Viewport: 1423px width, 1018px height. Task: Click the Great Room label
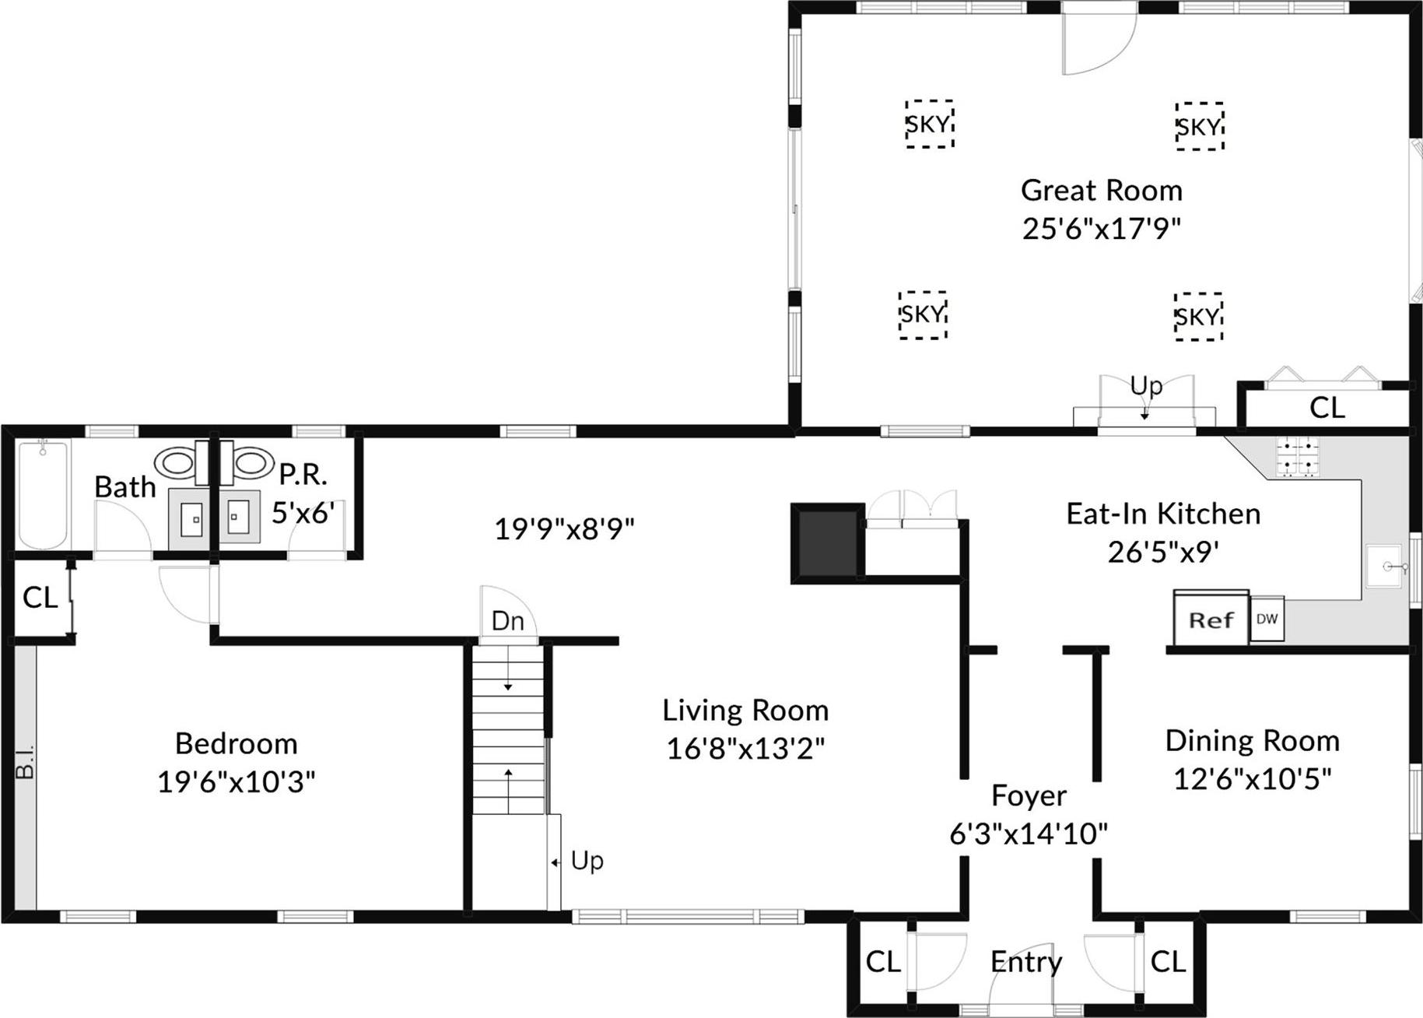pyautogui.click(x=1101, y=191)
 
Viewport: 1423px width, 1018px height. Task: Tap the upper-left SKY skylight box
pyautogui.click(x=929, y=124)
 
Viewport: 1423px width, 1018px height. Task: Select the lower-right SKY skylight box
pyautogui.click(x=1198, y=317)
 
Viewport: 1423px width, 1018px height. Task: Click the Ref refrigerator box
pyautogui.click(x=1211, y=620)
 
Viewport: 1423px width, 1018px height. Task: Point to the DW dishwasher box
pyautogui.click(x=1267, y=620)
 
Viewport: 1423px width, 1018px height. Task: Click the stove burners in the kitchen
pyautogui.click(x=1297, y=457)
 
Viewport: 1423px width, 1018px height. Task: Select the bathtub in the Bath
pyautogui.click(x=44, y=494)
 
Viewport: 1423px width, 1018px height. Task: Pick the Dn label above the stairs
pyautogui.click(x=508, y=621)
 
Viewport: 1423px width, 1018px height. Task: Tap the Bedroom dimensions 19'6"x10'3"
pyautogui.click(x=237, y=781)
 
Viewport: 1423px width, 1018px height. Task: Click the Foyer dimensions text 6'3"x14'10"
pyautogui.click(x=1029, y=834)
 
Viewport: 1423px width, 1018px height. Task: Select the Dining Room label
pyautogui.click(x=1252, y=741)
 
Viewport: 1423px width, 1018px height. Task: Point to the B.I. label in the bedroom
pyautogui.click(x=25, y=762)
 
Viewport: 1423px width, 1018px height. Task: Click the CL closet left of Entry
pyautogui.click(x=883, y=962)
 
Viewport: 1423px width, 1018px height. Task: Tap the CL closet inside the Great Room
pyautogui.click(x=1327, y=408)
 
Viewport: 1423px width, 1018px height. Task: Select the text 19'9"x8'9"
pyautogui.click(x=564, y=529)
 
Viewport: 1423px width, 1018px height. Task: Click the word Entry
pyautogui.click(x=1025, y=962)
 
